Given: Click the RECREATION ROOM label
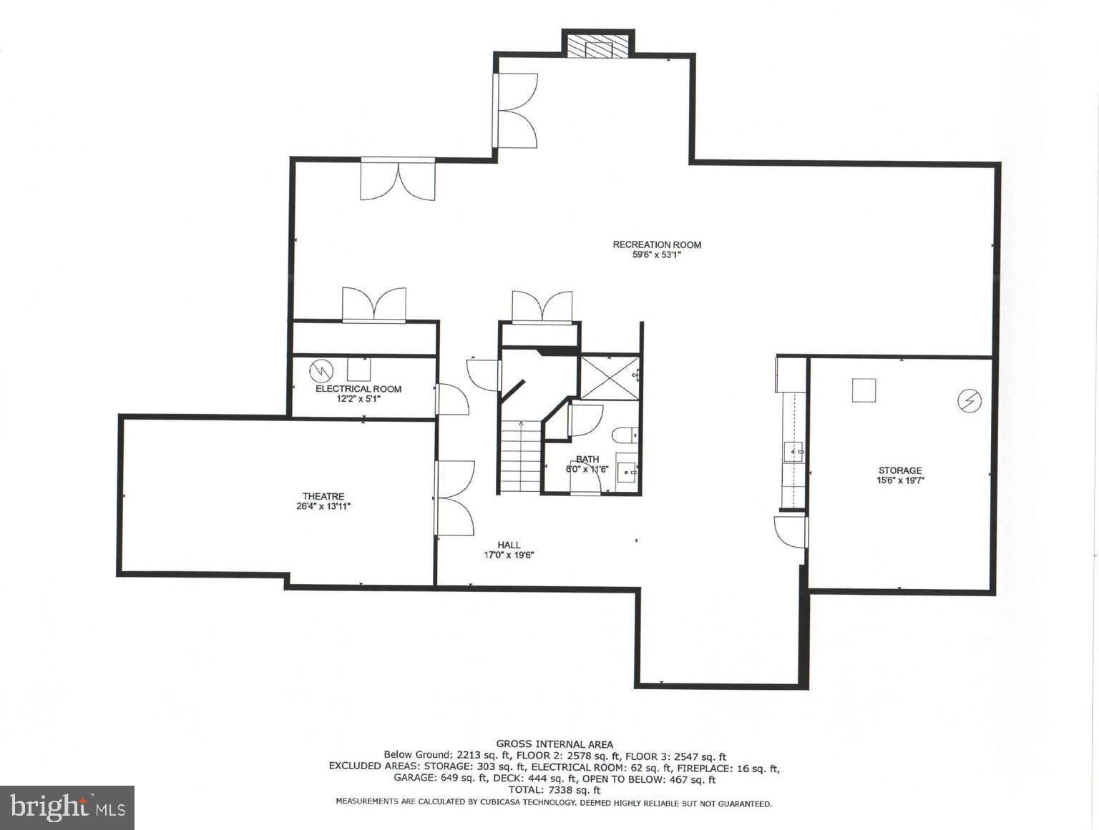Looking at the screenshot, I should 656,244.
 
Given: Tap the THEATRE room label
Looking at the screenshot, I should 323,496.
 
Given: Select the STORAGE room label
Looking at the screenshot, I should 899,470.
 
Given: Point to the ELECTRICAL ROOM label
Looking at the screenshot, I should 358,389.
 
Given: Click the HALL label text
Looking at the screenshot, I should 509,545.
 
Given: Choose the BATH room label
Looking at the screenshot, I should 587,459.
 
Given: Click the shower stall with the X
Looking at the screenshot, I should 607,377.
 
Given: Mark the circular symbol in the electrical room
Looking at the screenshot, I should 321,370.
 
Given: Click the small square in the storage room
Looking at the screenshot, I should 864,390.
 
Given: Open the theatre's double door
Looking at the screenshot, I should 454,498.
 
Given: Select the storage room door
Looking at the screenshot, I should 791,532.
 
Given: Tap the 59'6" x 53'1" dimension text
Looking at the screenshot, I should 656,255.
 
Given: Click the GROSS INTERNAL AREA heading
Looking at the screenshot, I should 555,744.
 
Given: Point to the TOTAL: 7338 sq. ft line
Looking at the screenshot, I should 555,790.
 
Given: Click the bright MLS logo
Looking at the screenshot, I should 67,808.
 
